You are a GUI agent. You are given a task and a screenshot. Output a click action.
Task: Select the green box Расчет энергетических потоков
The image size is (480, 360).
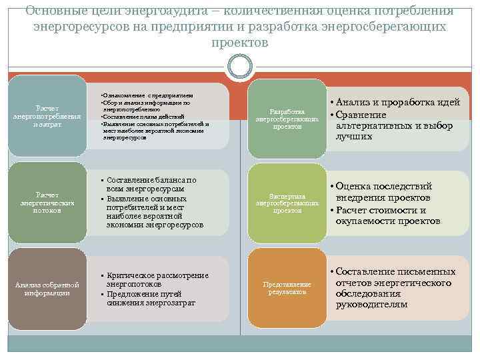(x=47, y=203)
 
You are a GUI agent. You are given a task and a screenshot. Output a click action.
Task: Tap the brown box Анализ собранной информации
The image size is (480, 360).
(x=47, y=289)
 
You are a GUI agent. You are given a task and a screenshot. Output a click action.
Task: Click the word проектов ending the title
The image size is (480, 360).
(x=239, y=43)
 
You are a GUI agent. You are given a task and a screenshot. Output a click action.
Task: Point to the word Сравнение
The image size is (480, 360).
(x=363, y=115)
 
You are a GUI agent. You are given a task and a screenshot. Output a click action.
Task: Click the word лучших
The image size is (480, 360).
(x=353, y=137)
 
